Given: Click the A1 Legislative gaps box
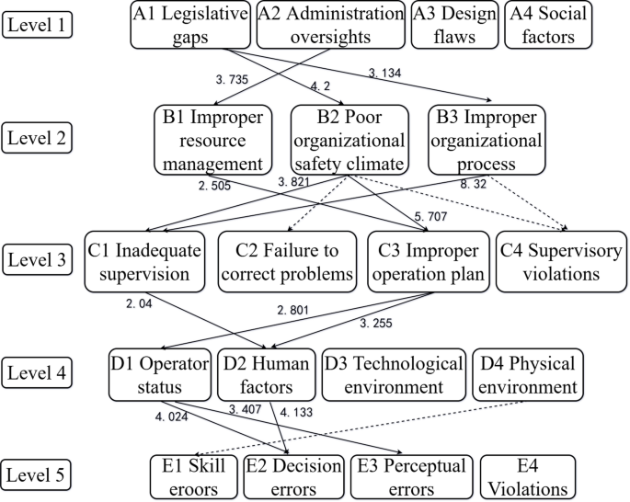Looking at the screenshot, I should click(x=189, y=25).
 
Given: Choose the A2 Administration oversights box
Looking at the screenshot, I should click(x=330, y=25).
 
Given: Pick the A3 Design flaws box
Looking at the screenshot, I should click(x=453, y=25).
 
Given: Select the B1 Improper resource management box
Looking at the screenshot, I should click(x=213, y=139).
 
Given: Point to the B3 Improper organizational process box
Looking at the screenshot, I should click(x=487, y=139).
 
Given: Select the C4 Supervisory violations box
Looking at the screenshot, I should click(x=556, y=262).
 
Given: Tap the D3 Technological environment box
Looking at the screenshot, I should click(x=394, y=374).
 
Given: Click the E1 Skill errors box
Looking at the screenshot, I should click(x=193, y=476).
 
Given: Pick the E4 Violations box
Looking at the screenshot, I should click(x=528, y=476).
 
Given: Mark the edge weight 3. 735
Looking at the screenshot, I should click(x=231, y=81).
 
